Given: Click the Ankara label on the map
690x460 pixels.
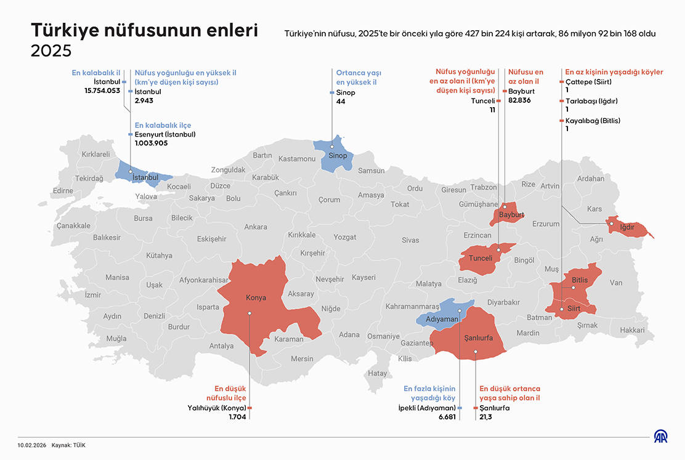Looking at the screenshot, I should point(256,227).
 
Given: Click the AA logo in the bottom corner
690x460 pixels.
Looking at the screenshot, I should point(661,437).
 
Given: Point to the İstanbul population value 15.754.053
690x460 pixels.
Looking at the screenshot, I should point(102,91).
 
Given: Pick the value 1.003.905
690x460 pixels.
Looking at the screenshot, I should point(151,143).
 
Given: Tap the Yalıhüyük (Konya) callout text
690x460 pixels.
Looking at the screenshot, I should point(216,408).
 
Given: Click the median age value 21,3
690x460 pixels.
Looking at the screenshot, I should point(485,417).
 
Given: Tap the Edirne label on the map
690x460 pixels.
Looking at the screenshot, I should point(63,191).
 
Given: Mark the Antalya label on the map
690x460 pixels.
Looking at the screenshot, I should point(222,346).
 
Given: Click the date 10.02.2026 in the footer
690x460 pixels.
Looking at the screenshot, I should point(31,445).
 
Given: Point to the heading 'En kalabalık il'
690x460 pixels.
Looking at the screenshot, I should point(95,73).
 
